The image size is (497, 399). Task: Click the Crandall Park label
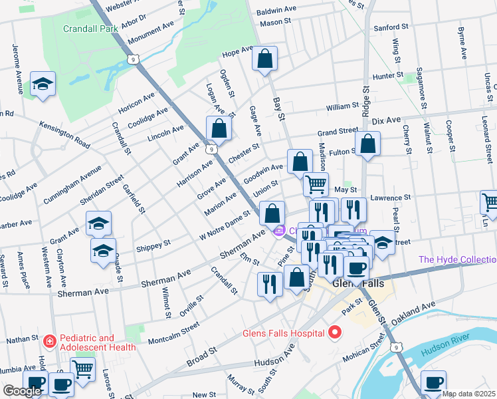click(x=90, y=29)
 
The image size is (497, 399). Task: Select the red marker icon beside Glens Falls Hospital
click(x=336, y=331)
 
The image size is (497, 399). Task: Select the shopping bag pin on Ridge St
click(x=367, y=144)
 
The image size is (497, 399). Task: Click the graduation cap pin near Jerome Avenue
click(x=43, y=84)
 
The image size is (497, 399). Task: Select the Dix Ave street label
click(x=387, y=120)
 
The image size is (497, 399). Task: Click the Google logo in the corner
click(x=22, y=391)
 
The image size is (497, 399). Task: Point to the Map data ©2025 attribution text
click(x=469, y=394)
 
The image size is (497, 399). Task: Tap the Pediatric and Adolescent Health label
click(x=98, y=342)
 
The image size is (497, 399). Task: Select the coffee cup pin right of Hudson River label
click(x=433, y=382)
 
